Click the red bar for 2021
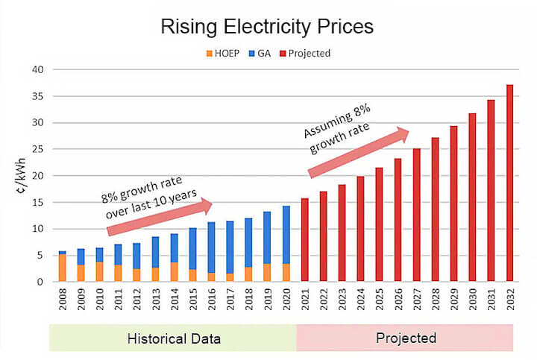pos(304,240)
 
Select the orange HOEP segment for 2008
pos(63,268)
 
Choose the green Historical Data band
pos(172,338)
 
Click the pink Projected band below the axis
pos(405,338)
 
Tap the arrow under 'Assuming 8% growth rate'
pos(358,154)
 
